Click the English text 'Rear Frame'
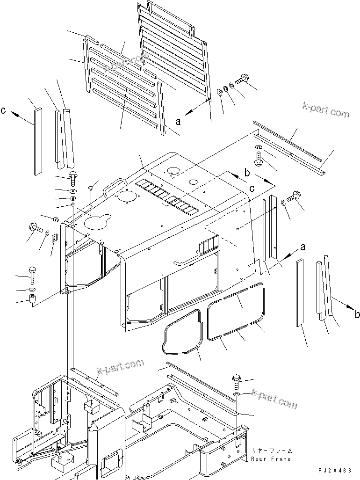pos(271,459)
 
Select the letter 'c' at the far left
pos(3,111)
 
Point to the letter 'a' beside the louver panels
pos(178,122)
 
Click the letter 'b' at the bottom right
pos(356,314)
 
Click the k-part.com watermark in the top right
pos(325,112)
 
